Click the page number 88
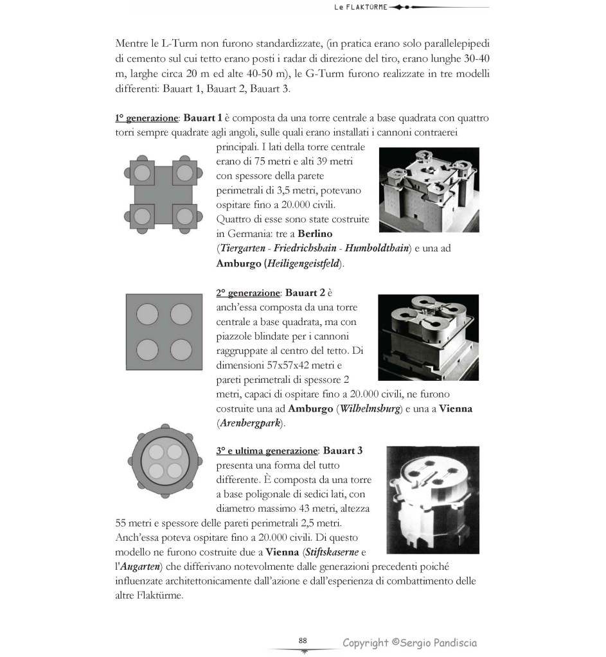tap(303, 640)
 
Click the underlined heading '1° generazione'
tap(146, 118)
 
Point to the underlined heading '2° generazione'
tap(248, 293)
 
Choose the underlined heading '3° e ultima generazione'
tap(267, 451)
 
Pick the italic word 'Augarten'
tap(142, 567)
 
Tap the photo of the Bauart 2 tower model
tap(428, 337)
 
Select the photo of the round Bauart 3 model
tap(432, 500)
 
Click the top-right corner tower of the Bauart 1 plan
tap(184, 172)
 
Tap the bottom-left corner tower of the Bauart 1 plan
tap(141, 215)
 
